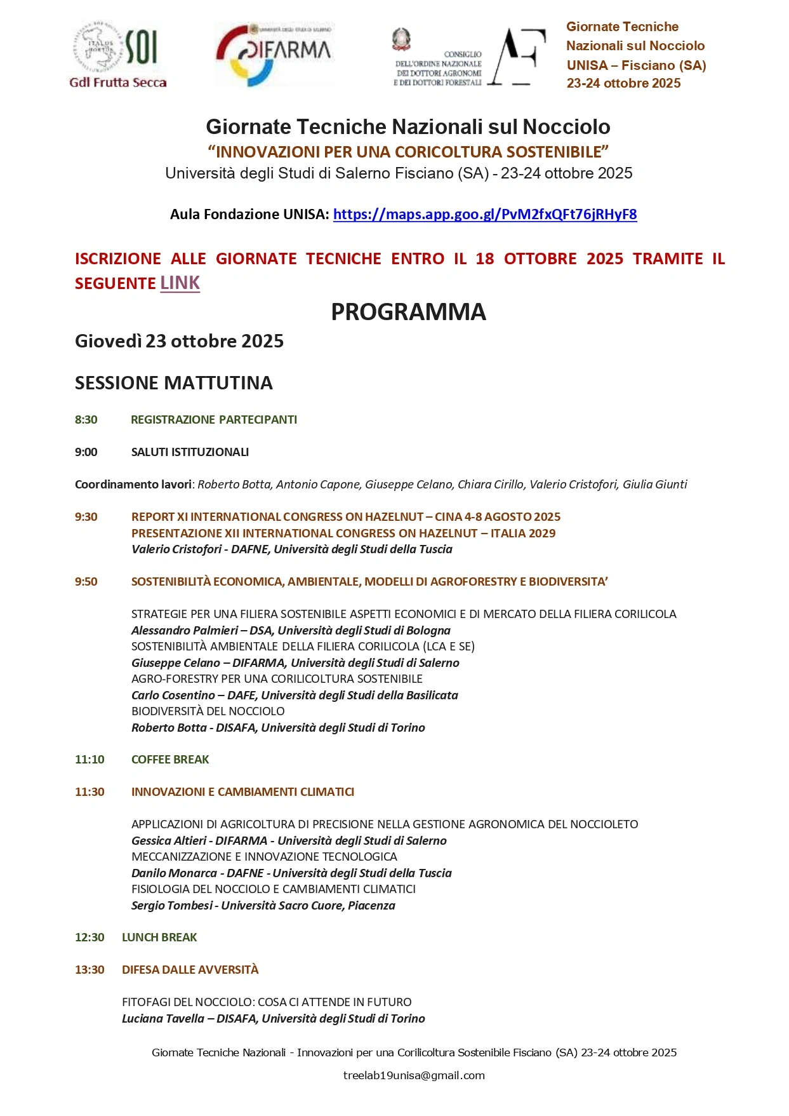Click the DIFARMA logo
(x=274, y=54)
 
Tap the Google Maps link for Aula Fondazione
(x=484, y=215)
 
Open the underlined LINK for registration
(x=180, y=283)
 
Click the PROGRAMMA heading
(x=408, y=312)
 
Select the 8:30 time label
(x=86, y=420)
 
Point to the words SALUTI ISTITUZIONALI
(x=190, y=452)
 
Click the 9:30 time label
(x=86, y=517)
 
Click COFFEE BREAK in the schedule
(x=170, y=760)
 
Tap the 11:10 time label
(x=90, y=760)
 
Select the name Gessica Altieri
(x=169, y=841)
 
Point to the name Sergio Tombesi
(x=172, y=906)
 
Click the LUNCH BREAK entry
(x=159, y=938)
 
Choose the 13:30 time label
(x=90, y=970)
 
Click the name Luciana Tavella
(x=163, y=1019)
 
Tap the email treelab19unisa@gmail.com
(x=414, y=1076)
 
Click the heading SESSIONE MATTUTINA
(x=174, y=383)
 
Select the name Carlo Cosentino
(x=173, y=696)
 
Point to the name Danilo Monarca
(x=174, y=873)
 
